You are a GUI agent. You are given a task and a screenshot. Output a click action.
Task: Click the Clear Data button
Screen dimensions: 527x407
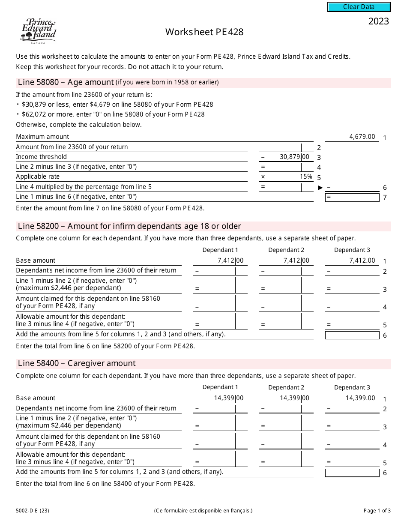(x=359, y=7)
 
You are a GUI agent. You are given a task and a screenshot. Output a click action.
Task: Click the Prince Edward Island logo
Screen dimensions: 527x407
(x=38, y=31)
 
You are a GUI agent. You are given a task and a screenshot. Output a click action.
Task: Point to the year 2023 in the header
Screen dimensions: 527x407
(x=378, y=22)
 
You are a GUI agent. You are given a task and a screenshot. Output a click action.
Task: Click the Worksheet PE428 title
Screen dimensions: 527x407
(x=204, y=32)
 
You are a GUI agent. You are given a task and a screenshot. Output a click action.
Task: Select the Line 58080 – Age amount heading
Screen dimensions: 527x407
(x=66, y=82)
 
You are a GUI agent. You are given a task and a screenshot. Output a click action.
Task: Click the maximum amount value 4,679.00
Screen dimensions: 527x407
(x=362, y=137)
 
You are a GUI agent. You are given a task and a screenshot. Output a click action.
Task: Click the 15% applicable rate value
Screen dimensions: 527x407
(x=306, y=177)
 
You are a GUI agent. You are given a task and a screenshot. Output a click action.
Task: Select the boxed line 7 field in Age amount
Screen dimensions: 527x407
(x=352, y=197)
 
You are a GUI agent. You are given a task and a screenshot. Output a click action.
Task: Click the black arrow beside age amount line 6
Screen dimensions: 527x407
(x=320, y=187)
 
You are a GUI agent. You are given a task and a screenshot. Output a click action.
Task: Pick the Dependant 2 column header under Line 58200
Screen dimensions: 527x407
(x=286, y=250)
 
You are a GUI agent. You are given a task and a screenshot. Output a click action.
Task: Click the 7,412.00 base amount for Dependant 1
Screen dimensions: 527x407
(x=230, y=261)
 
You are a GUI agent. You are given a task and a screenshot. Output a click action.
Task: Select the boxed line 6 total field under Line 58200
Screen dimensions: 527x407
(x=352, y=335)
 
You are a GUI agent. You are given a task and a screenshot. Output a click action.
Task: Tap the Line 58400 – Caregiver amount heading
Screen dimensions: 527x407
(x=77, y=363)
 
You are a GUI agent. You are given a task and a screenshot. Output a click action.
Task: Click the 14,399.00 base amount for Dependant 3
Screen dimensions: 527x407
(x=362, y=398)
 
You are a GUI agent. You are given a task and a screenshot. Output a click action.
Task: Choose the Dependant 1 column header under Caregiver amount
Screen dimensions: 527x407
(x=220, y=387)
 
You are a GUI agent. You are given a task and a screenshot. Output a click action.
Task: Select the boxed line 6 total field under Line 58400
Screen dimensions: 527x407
(x=352, y=473)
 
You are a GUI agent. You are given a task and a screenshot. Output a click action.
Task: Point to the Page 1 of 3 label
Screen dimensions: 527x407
(x=377, y=510)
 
